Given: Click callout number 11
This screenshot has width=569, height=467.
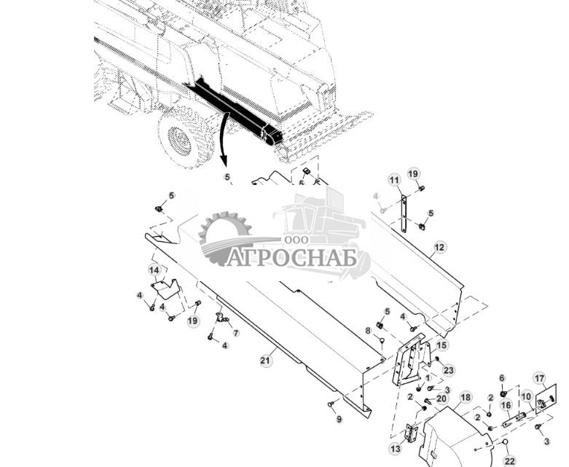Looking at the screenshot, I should click(394, 180).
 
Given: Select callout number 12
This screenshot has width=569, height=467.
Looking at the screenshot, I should click(439, 248).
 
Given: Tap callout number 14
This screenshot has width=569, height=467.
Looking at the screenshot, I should click(154, 270).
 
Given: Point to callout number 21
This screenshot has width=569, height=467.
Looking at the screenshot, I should click(267, 359).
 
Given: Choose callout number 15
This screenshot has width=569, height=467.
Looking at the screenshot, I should click(442, 345).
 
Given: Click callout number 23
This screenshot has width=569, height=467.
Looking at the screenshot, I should click(448, 370).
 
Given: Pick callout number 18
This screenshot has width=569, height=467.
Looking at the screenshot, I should click(465, 397).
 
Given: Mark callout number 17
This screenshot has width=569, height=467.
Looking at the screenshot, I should click(539, 378).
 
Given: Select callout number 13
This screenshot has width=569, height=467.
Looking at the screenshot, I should click(396, 448).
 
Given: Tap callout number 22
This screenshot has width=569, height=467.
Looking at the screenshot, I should click(509, 461).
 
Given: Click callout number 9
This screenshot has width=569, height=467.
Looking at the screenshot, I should click(339, 418).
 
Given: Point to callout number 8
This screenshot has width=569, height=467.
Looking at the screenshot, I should click(369, 331).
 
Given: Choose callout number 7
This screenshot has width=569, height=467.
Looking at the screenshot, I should click(235, 332).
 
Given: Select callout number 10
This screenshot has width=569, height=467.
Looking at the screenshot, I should click(525, 396).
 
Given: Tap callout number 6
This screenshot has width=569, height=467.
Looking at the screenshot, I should click(502, 377).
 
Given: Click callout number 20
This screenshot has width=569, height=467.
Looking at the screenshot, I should click(442, 399).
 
